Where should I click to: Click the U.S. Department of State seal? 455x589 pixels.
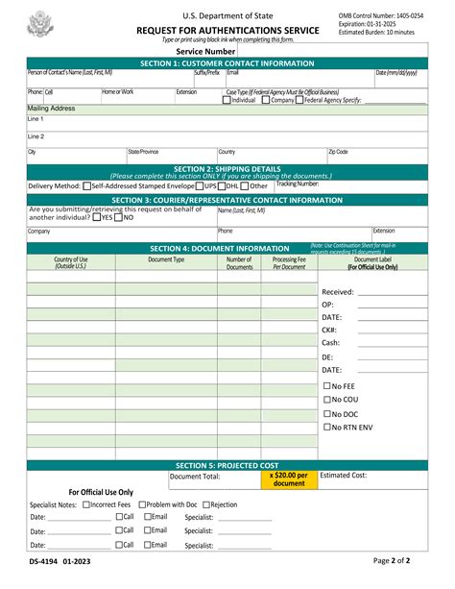pyautogui.click(x=40, y=23)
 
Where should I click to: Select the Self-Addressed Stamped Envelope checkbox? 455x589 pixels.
pyautogui.click(x=87, y=186)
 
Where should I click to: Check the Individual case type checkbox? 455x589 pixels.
pyautogui.click(x=227, y=100)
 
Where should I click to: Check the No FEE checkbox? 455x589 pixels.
pyautogui.click(x=327, y=385)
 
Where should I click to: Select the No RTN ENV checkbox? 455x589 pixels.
pyautogui.click(x=327, y=427)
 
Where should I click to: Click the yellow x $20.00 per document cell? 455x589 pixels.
pyautogui.click(x=289, y=479)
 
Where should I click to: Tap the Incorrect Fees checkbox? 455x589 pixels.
pyautogui.click(x=86, y=504)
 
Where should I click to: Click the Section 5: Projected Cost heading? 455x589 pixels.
pyautogui.click(x=227, y=465)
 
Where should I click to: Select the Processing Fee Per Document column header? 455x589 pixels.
pyautogui.click(x=289, y=263)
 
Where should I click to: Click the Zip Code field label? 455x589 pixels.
pyautogui.click(x=338, y=152)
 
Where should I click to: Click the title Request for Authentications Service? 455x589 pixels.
pyautogui.click(x=227, y=31)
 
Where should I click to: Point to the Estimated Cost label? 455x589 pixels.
pyautogui.click(x=343, y=475)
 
